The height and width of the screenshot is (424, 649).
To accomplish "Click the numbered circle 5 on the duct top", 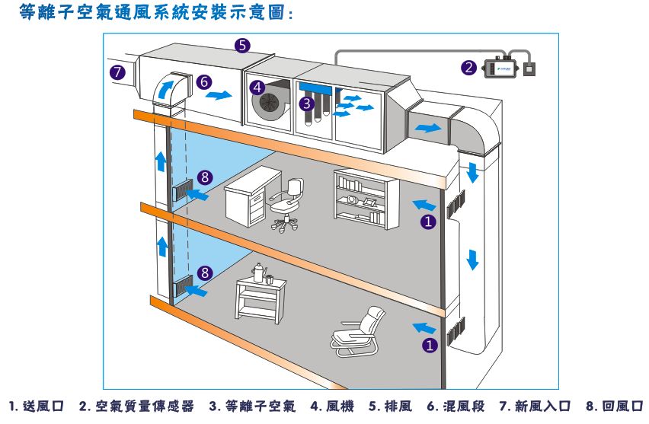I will click(x=242, y=45).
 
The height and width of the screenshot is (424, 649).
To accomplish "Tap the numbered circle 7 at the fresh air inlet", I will click(x=117, y=72).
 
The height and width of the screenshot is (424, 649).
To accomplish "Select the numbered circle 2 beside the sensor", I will click(x=468, y=68).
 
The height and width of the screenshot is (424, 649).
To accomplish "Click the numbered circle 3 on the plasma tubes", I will click(x=306, y=102).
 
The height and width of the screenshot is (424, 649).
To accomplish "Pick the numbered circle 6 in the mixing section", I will click(x=203, y=81).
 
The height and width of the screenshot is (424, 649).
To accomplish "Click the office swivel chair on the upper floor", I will click(x=287, y=202).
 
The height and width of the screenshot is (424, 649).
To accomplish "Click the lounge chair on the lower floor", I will click(x=358, y=330).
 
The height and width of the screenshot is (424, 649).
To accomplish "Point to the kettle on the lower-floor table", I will click(x=259, y=272).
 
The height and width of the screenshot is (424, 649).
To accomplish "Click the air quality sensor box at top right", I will click(x=500, y=68).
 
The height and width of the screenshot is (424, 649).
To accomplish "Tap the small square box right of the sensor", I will click(x=531, y=69).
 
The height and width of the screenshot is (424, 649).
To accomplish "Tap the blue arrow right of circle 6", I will click(x=219, y=95).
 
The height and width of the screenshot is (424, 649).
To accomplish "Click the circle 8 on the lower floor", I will click(x=204, y=273).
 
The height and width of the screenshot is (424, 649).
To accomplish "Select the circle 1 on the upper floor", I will click(x=428, y=222).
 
